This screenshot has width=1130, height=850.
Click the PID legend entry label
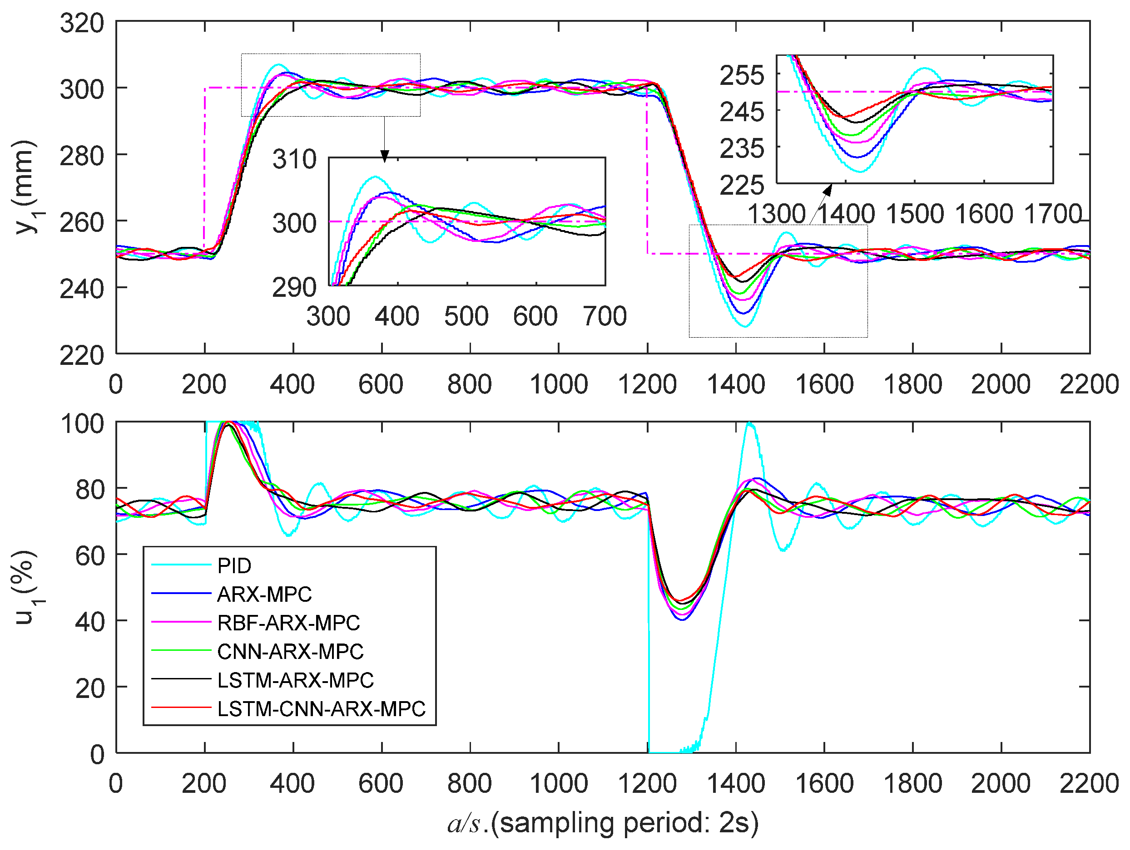234,565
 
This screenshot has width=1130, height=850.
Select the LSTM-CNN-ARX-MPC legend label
321,709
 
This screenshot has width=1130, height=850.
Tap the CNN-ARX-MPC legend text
290,652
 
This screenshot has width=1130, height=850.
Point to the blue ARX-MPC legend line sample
181,594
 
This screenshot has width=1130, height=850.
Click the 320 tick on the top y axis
82,24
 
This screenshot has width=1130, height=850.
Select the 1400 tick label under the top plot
736,384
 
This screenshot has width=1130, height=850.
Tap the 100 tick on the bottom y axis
82,424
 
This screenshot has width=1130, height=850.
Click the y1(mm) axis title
25,187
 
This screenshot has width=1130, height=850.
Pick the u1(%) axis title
25,587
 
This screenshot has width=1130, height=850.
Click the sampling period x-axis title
603,823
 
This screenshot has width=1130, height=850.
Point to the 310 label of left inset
294,159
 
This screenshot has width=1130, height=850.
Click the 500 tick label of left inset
466,316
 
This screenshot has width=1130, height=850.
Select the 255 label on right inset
742,75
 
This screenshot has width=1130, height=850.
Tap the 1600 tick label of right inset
984,214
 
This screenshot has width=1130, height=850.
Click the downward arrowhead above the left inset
385,156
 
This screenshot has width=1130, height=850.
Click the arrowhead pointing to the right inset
827,189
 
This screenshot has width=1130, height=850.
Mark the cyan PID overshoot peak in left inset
376,177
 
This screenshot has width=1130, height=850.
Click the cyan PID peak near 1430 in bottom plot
749,423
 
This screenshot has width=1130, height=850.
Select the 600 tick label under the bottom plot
381,784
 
